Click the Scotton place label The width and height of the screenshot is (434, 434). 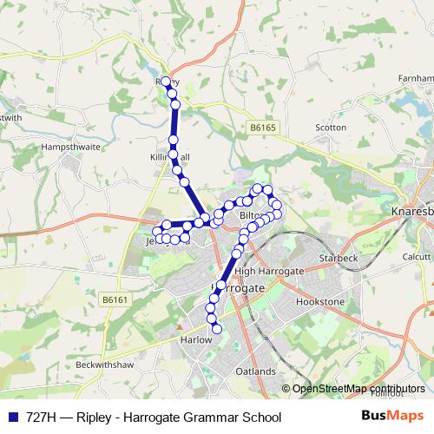[331, 128]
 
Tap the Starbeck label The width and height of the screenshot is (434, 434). [339, 259]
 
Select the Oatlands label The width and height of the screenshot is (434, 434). [255, 372]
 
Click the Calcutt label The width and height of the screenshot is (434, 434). [417, 257]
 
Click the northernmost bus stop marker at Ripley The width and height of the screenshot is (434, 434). [166, 81]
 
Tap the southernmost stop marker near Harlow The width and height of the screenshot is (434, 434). [217, 328]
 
